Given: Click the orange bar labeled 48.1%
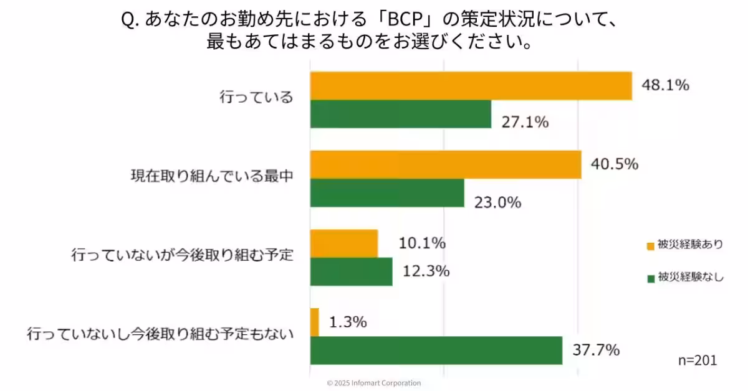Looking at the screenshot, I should pyautogui.click(x=471, y=86).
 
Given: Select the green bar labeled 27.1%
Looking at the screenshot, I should pyautogui.click(x=400, y=114).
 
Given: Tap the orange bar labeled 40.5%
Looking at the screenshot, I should pyautogui.click(x=446, y=164).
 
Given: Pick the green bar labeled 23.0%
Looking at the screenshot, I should pyautogui.click(x=387, y=193).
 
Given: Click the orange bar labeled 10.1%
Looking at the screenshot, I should pyautogui.click(x=344, y=243).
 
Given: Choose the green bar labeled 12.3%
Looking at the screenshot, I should pyautogui.click(x=351, y=271).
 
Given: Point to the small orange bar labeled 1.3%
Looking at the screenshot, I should pyautogui.click(x=315, y=322).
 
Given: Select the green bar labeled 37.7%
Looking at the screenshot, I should pyautogui.click(x=436, y=350).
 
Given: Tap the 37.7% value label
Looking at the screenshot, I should pyautogui.click(x=596, y=350).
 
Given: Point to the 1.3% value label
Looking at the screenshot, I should pyautogui.click(x=347, y=323).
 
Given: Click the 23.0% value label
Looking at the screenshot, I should pyautogui.click(x=497, y=202).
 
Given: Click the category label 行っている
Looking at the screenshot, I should pyautogui.click(x=256, y=98).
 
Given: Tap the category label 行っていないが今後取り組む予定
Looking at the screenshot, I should pyautogui.click(x=182, y=255).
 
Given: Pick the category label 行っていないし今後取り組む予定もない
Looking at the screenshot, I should pyautogui.click(x=160, y=334).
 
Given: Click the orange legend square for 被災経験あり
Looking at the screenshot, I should pyautogui.click(x=651, y=246).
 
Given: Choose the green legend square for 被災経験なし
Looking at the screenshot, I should pyautogui.click(x=651, y=278).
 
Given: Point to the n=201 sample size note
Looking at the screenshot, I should pyautogui.click(x=697, y=360).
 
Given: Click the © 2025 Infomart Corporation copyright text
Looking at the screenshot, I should pyautogui.click(x=374, y=383).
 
